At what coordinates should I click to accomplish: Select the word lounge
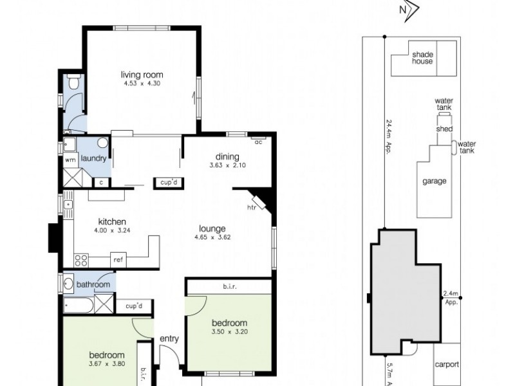212,228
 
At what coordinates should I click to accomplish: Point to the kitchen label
111,221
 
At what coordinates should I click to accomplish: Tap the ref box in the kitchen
118,260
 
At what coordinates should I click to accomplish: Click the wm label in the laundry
69,160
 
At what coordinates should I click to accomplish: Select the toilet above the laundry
73,82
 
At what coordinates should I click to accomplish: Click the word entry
169,339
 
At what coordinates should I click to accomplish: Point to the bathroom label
93,284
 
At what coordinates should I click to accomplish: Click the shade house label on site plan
422,58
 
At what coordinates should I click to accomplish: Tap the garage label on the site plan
434,181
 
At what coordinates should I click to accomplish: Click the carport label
447,364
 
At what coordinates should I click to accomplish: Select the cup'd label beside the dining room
169,183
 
